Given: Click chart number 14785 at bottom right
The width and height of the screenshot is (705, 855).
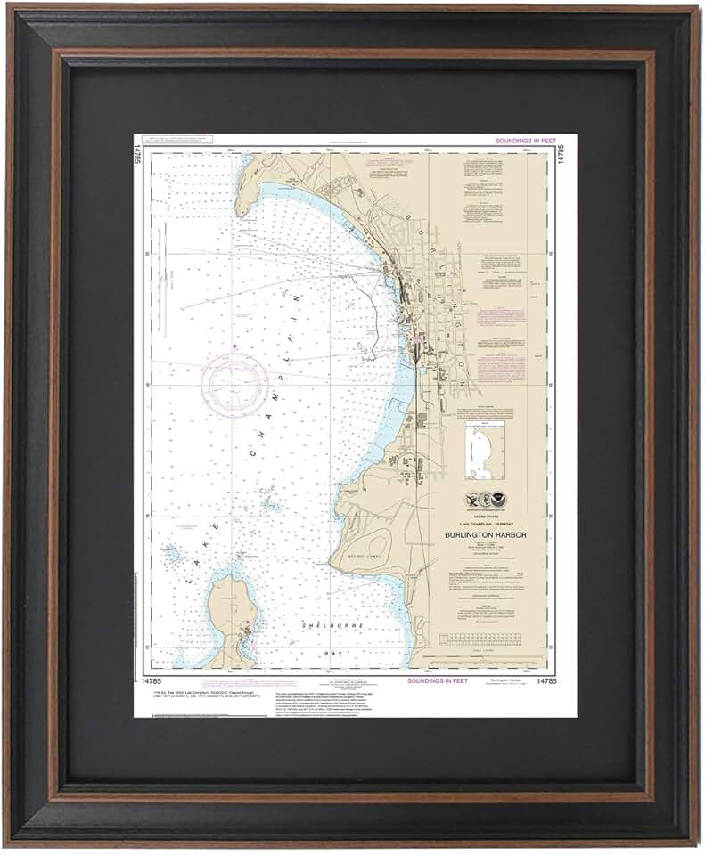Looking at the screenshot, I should click(x=547, y=680).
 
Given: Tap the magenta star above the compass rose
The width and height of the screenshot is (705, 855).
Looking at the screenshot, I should click(x=234, y=346).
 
